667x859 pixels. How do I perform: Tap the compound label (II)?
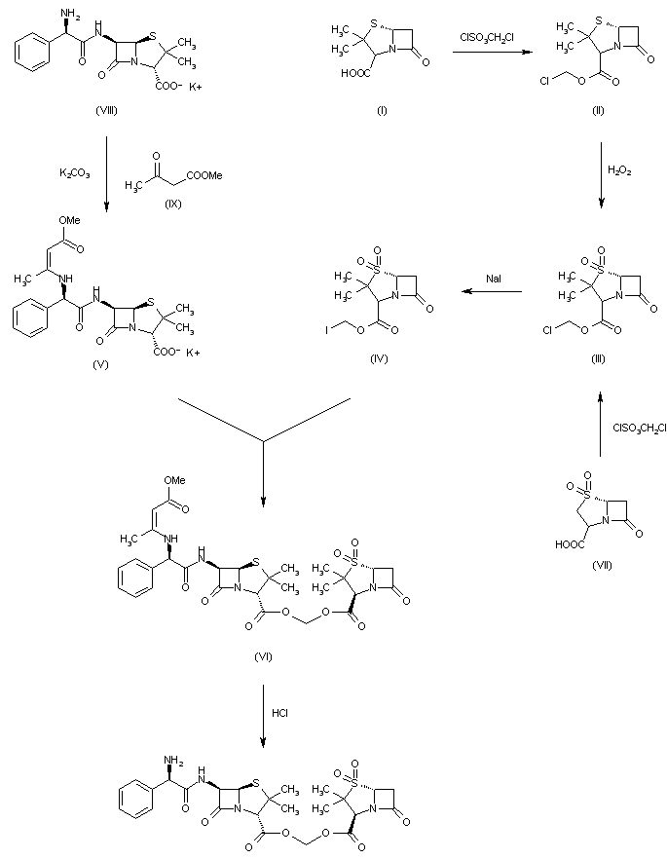tap(597, 110)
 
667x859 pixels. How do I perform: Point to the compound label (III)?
tap(598, 359)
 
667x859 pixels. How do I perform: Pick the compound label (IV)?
tap(380, 359)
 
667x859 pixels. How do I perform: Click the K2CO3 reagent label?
tap(73, 173)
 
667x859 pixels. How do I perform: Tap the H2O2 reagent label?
tap(619, 169)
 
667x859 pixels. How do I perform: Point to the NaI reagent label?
tap(494, 280)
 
